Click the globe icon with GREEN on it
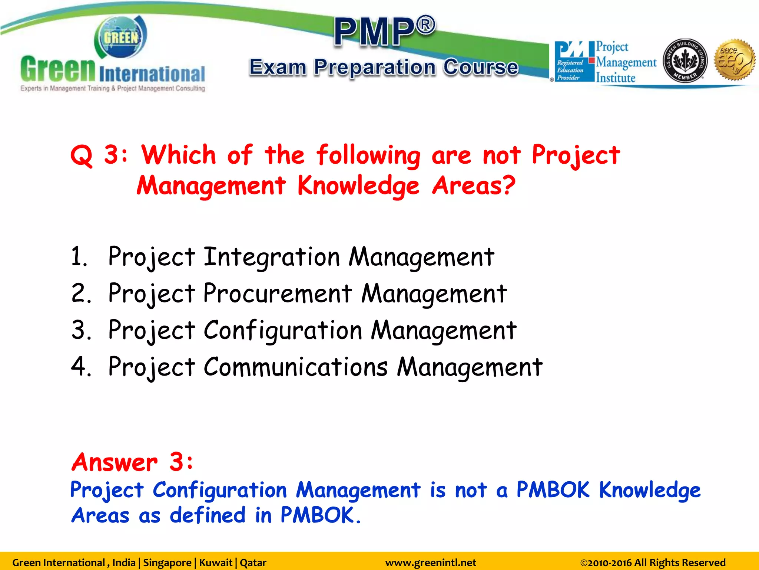[x=121, y=37]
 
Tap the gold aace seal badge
[x=735, y=59]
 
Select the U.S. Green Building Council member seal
[x=685, y=60]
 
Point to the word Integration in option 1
[x=271, y=257]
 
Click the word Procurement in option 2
[x=277, y=294]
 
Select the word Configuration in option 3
[x=282, y=330]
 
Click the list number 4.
[x=80, y=367]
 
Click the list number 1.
[x=79, y=257]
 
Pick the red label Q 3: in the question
[x=99, y=155]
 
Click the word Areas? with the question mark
[x=473, y=186]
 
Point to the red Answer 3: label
[x=132, y=462]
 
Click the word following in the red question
[x=368, y=155]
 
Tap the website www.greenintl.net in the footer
[x=430, y=563]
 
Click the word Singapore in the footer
[x=167, y=563]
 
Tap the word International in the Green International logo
[x=152, y=74]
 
